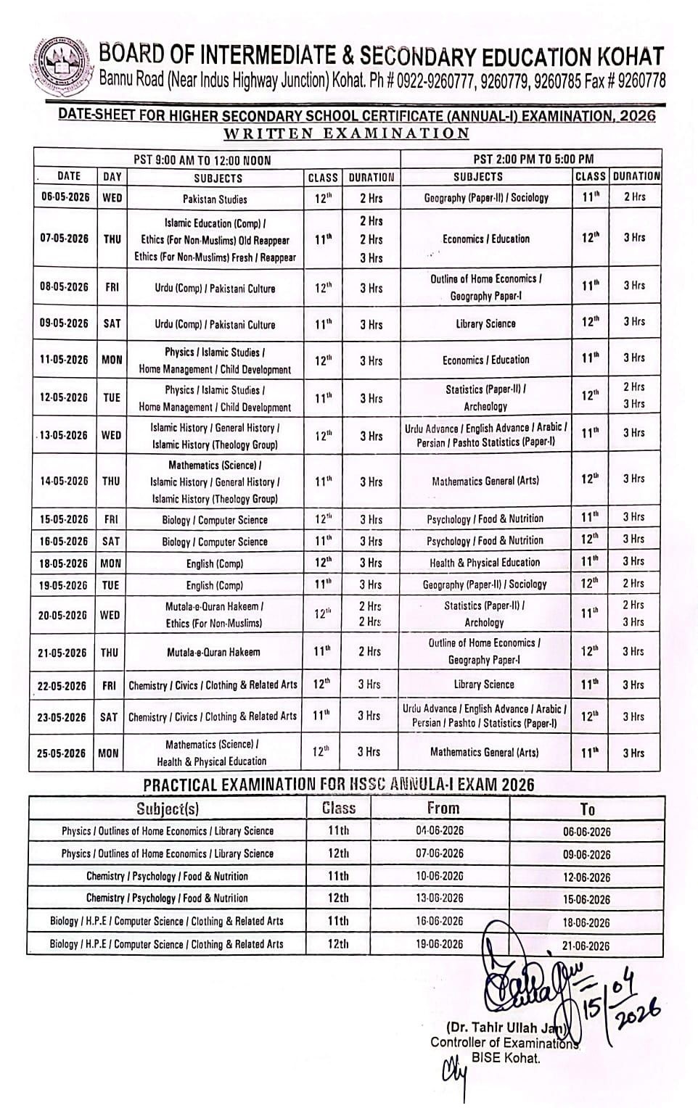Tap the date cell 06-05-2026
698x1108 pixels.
[65, 198]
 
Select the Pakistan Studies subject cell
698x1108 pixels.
[215, 199]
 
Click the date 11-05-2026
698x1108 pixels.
[64, 360]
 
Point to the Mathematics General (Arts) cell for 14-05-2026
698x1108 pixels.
[485, 481]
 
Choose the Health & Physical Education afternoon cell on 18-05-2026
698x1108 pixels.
[485, 563]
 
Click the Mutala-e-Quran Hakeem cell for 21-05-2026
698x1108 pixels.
[213, 652]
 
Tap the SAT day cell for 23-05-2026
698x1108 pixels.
[109, 717]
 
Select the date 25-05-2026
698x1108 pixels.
[62, 753]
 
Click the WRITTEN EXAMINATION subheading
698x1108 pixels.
[347, 133]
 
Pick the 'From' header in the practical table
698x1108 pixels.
[443, 808]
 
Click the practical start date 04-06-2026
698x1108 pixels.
[440, 831]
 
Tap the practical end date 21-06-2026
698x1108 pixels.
[586, 946]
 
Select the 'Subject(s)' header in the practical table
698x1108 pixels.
[168, 809]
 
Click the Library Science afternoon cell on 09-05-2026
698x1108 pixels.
[485, 323]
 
